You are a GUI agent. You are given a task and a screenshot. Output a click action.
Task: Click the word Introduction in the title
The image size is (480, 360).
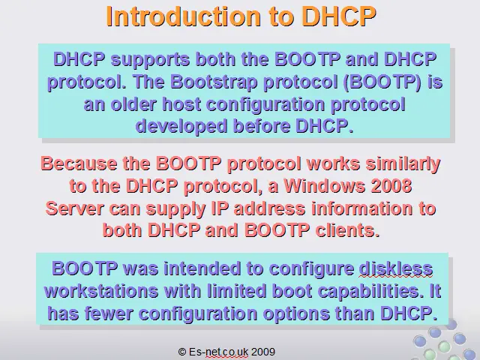coord(183,16)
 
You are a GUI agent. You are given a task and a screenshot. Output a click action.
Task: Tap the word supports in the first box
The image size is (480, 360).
coord(150,60)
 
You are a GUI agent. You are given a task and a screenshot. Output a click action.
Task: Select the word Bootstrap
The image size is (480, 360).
coord(214,82)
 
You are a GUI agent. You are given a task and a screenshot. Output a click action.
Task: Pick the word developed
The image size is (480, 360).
coord(181,127)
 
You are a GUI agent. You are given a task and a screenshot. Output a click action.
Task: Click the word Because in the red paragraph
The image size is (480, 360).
coord(79,163)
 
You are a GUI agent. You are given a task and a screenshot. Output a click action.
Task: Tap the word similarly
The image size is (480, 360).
coord(403,164)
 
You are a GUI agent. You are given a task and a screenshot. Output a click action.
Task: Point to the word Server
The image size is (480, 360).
coord(74,208)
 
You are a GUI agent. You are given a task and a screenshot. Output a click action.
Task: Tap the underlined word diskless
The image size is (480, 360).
coord(396,268)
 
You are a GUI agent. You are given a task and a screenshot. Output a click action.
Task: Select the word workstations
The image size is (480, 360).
coord(101,291)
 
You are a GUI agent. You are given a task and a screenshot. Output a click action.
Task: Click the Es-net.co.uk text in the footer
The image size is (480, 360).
coord(218,352)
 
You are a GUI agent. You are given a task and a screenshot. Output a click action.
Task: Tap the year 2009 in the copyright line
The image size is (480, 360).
coord(263,352)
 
